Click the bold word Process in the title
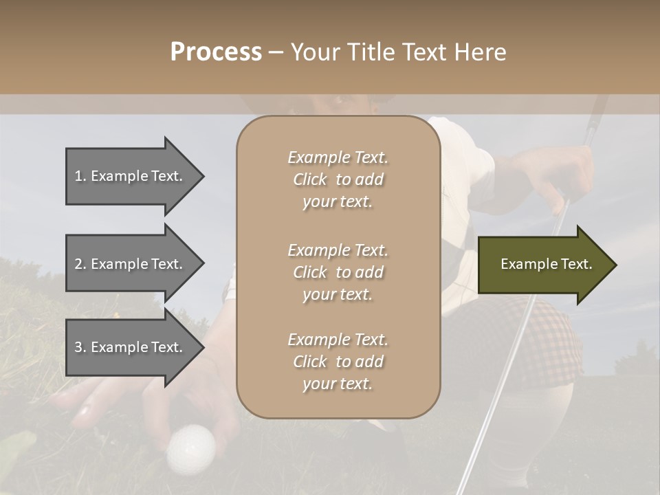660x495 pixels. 216,52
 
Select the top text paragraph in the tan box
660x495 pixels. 338,179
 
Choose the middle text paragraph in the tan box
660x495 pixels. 338,272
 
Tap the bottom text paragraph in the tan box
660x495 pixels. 338,362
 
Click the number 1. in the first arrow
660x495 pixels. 80,176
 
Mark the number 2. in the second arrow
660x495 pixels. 80,264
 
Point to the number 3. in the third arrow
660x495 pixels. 80,347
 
